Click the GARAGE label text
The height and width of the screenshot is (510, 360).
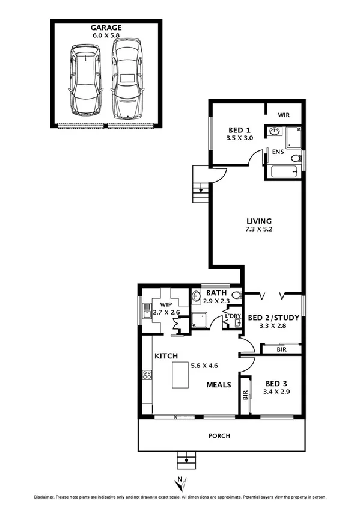click(106, 28)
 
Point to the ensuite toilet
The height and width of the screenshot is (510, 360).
click(294, 158)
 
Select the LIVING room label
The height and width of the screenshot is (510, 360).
click(259, 221)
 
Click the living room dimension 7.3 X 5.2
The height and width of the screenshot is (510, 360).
click(259, 230)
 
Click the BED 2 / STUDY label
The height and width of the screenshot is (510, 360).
click(269, 318)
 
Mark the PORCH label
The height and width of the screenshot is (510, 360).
click(219, 436)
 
